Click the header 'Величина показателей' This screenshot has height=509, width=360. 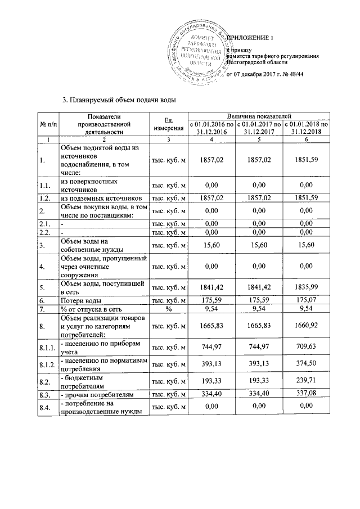(x=259, y=115)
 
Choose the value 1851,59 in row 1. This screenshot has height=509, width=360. (x=306, y=160)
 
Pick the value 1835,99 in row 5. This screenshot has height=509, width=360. (x=306, y=289)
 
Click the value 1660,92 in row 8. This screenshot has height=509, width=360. (x=306, y=326)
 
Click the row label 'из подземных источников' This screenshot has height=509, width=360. (x=99, y=198)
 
